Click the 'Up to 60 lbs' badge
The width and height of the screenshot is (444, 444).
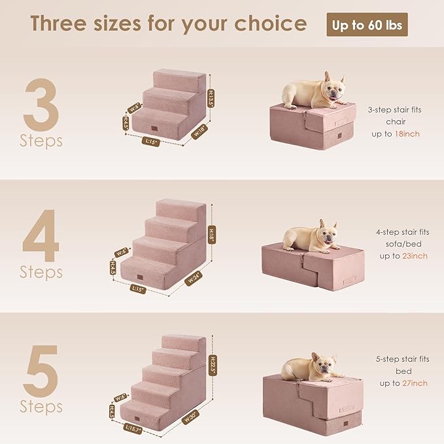367,25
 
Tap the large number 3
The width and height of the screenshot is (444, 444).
41,104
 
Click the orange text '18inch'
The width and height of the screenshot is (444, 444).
407,133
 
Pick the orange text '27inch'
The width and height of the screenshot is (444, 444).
415,383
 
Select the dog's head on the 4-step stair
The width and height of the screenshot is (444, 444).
326,234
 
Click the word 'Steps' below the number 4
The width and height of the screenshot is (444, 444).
41,271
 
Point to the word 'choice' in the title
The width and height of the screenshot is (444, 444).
270,24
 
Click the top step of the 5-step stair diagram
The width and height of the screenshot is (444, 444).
187,343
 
